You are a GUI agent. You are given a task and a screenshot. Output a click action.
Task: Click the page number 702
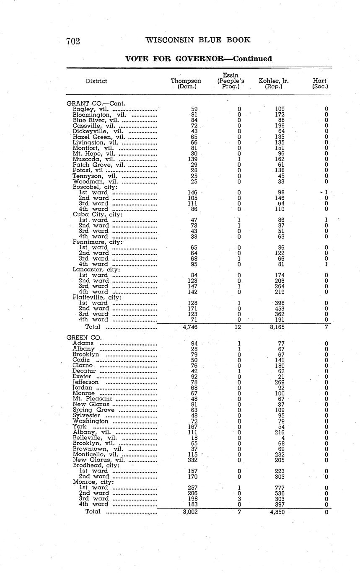(73, 41)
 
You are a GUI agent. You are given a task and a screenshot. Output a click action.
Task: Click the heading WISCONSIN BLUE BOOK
(198, 40)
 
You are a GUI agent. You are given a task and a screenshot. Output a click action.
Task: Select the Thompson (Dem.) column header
(186, 84)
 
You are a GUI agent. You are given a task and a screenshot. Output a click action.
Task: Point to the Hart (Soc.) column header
(320, 84)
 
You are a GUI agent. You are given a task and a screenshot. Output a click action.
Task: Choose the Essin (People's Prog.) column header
(231, 81)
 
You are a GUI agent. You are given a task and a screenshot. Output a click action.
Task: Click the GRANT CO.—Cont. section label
(96, 103)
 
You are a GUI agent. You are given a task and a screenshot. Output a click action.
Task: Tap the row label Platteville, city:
(97, 297)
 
